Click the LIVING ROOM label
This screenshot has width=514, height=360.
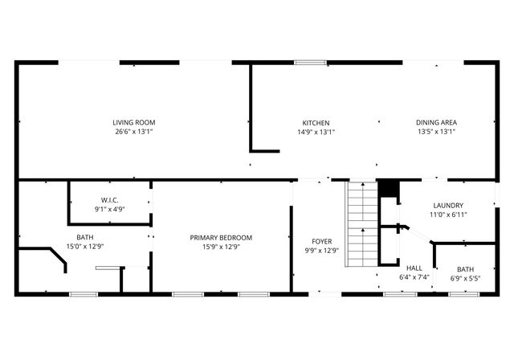coord(133,123)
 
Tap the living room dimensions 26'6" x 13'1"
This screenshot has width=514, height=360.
coord(133,132)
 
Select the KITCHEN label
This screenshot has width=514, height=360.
coord(316,123)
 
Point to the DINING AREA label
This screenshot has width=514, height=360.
coord(436,123)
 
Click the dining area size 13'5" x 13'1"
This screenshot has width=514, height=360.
coord(436,132)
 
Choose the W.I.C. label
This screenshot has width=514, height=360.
coord(111,199)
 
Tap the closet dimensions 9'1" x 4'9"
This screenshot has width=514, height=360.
coord(111,209)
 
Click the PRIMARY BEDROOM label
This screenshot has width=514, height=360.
coord(221,237)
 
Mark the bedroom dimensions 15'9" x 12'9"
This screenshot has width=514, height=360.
coord(221,247)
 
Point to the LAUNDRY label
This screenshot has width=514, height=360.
coord(448,205)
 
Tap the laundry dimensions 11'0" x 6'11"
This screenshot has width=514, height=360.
coord(448,215)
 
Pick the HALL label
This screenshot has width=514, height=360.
coord(414,268)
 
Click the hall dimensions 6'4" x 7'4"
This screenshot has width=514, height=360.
coord(414,277)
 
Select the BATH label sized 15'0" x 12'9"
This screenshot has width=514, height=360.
coord(84,237)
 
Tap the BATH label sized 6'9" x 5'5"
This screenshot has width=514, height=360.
coord(466,269)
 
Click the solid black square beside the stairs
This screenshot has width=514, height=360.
coord(389,189)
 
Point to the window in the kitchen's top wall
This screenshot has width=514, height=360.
coord(306,62)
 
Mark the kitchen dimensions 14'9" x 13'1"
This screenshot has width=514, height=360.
coord(316,132)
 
